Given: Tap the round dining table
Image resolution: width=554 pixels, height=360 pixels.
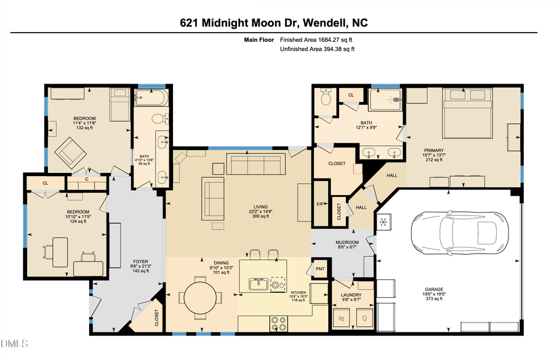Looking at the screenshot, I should click(201, 297).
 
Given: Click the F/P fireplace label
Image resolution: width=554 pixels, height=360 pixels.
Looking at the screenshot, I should click(320, 203).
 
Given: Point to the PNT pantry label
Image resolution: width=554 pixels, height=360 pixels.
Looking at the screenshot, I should click(320, 268).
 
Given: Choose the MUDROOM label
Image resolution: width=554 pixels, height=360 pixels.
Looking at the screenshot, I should click(348, 242).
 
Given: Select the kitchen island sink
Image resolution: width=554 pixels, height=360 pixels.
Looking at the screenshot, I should click(259, 284).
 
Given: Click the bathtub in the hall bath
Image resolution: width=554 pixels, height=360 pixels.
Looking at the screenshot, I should click(151, 97).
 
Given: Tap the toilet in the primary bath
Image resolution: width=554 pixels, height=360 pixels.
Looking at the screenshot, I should click(326, 98).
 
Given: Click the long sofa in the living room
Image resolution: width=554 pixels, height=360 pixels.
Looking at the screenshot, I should click(255, 166).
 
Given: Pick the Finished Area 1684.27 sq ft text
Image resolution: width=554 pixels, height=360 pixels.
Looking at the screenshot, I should click(317, 40).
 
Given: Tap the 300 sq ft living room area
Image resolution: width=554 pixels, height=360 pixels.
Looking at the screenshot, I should click(255, 217).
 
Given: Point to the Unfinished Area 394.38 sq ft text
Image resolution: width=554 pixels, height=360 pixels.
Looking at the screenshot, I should click(317, 49).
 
